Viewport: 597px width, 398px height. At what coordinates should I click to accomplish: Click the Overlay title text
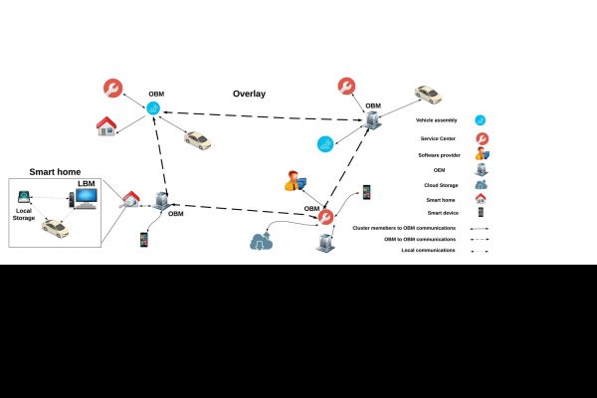click(249, 95)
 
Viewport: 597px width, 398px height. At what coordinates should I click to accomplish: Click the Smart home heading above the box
click(55, 172)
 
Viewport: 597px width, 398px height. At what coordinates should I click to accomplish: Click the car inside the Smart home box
click(56, 229)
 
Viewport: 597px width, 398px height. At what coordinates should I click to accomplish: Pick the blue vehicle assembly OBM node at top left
click(154, 108)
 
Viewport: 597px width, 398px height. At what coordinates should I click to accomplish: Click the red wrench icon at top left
click(113, 88)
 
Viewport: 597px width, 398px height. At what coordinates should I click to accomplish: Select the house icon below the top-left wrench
click(105, 126)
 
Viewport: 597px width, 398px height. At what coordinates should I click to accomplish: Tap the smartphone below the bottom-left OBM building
click(144, 240)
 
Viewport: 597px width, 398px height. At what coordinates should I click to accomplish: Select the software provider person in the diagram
click(295, 180)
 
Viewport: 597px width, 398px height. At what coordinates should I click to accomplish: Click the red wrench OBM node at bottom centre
click(325, 216)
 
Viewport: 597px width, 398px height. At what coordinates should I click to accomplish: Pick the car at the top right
click(428, 96)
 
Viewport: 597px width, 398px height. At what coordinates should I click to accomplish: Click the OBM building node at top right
click(371, 120)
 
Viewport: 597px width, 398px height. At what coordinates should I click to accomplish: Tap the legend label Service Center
click(439, 138)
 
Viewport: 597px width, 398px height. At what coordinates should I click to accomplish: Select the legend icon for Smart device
click(482, 212)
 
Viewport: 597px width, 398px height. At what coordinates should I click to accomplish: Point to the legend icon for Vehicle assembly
click(482, 119)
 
